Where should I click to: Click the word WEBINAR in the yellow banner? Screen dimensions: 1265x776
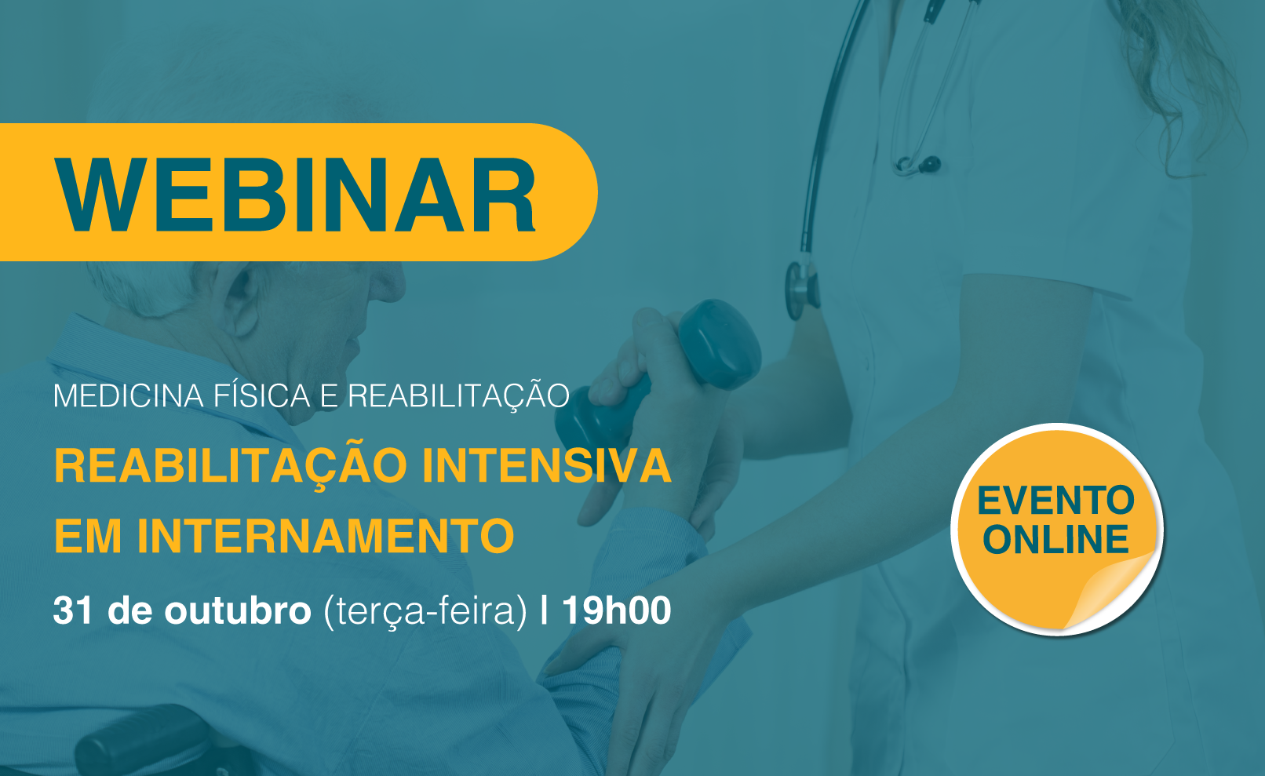point(295,195)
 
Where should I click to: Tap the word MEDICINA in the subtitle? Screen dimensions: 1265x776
point(128,396)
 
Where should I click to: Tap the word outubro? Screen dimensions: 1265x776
point(238,610)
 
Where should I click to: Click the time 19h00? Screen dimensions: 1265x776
point(617,610)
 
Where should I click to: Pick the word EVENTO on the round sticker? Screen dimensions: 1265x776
point(1055,501)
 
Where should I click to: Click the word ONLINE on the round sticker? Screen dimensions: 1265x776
point(1055,539)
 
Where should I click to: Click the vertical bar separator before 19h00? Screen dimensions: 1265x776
point(544,610)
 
